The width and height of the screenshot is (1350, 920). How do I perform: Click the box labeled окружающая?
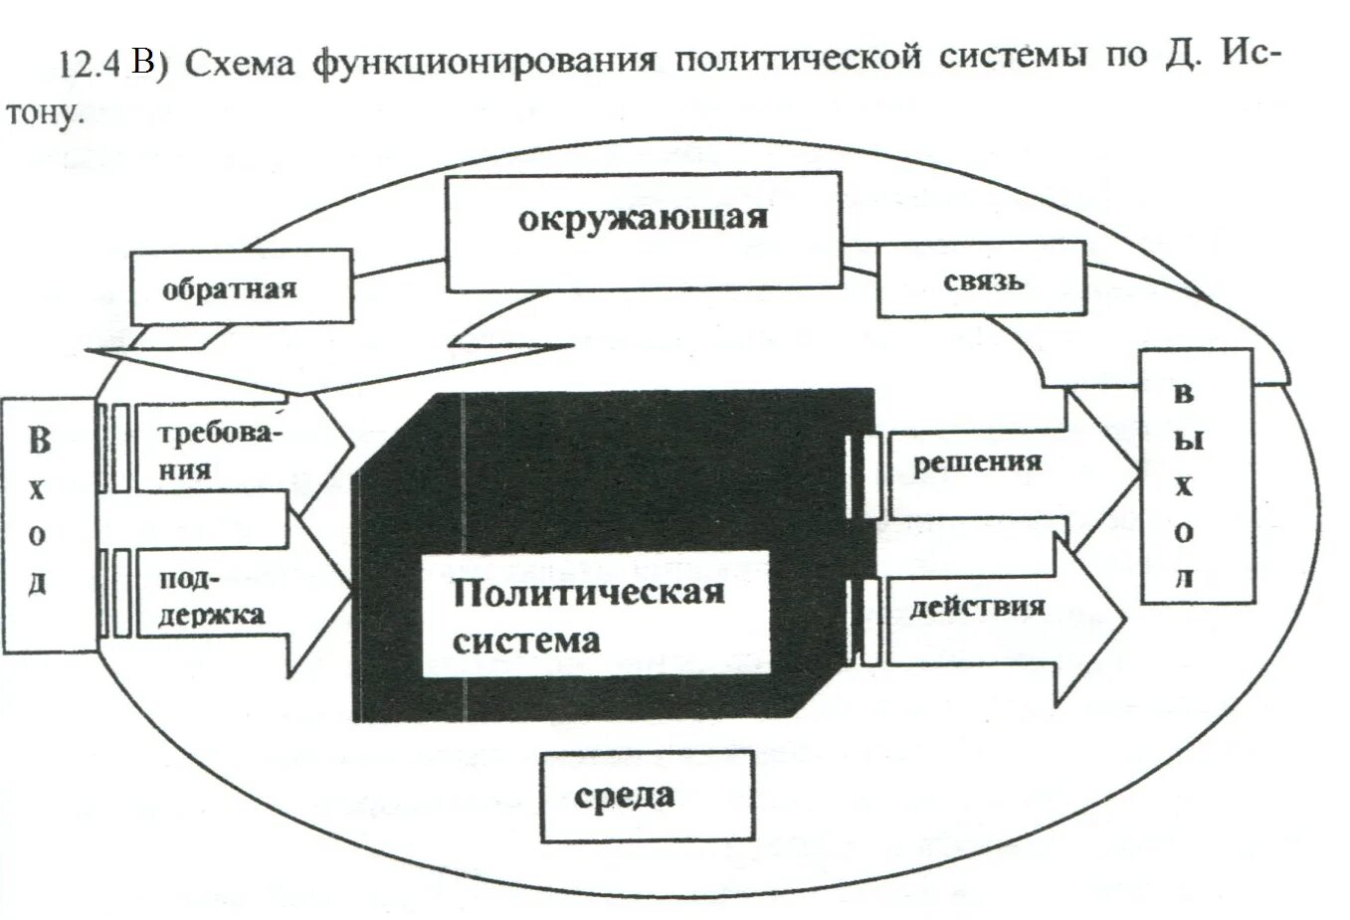[x=643, y=233]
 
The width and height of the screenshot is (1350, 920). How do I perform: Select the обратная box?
[x=241, y=286]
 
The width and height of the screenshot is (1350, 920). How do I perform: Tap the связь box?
[x=981, y=280]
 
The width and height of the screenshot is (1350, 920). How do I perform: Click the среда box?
[x=647, y=796]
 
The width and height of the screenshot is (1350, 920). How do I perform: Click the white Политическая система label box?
[x=595, y=614]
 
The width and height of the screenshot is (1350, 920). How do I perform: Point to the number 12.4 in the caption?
[x=90, y=65]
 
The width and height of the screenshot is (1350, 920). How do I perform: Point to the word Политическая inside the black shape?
[x=588, y=594]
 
